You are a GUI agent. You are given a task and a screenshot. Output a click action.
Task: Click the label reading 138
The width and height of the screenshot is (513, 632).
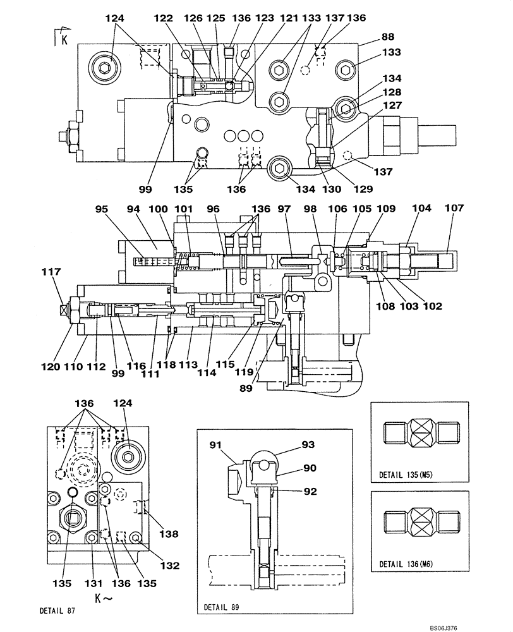[169, 534]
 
